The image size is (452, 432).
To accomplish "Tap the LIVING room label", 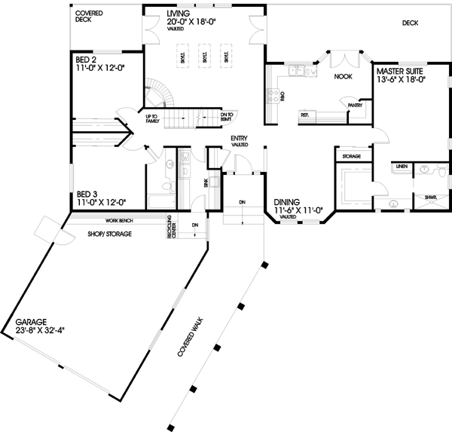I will click(x=179, y=14).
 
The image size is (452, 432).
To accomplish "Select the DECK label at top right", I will click(x=410, y=23).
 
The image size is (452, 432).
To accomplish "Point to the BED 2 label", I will click(x=84, y=58).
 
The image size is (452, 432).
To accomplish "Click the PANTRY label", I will click(x=356, y=106).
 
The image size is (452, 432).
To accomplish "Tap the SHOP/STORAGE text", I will click(x=110, y=234).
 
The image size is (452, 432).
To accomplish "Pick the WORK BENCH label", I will click(x=120, y=221).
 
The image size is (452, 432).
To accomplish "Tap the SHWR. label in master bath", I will click(x=430, y=198).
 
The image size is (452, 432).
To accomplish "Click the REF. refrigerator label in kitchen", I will click(x=305, y=115).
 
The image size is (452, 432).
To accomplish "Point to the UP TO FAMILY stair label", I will click(x=152, y=118).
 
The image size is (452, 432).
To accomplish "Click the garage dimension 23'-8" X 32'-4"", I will click(x=44, y=330).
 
